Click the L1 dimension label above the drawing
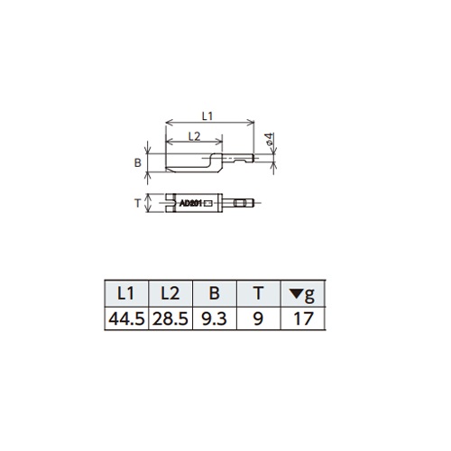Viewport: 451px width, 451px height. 207,115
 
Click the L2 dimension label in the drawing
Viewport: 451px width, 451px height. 194,136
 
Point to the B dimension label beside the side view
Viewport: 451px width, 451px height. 137,162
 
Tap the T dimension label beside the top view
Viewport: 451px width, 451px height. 137,203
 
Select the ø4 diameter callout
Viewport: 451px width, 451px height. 270,139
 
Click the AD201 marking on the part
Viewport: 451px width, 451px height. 190,203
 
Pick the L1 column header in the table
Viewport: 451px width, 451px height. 125,293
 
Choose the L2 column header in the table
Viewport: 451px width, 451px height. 170,293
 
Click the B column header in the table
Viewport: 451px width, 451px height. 214,293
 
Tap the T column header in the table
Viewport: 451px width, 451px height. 258,293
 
